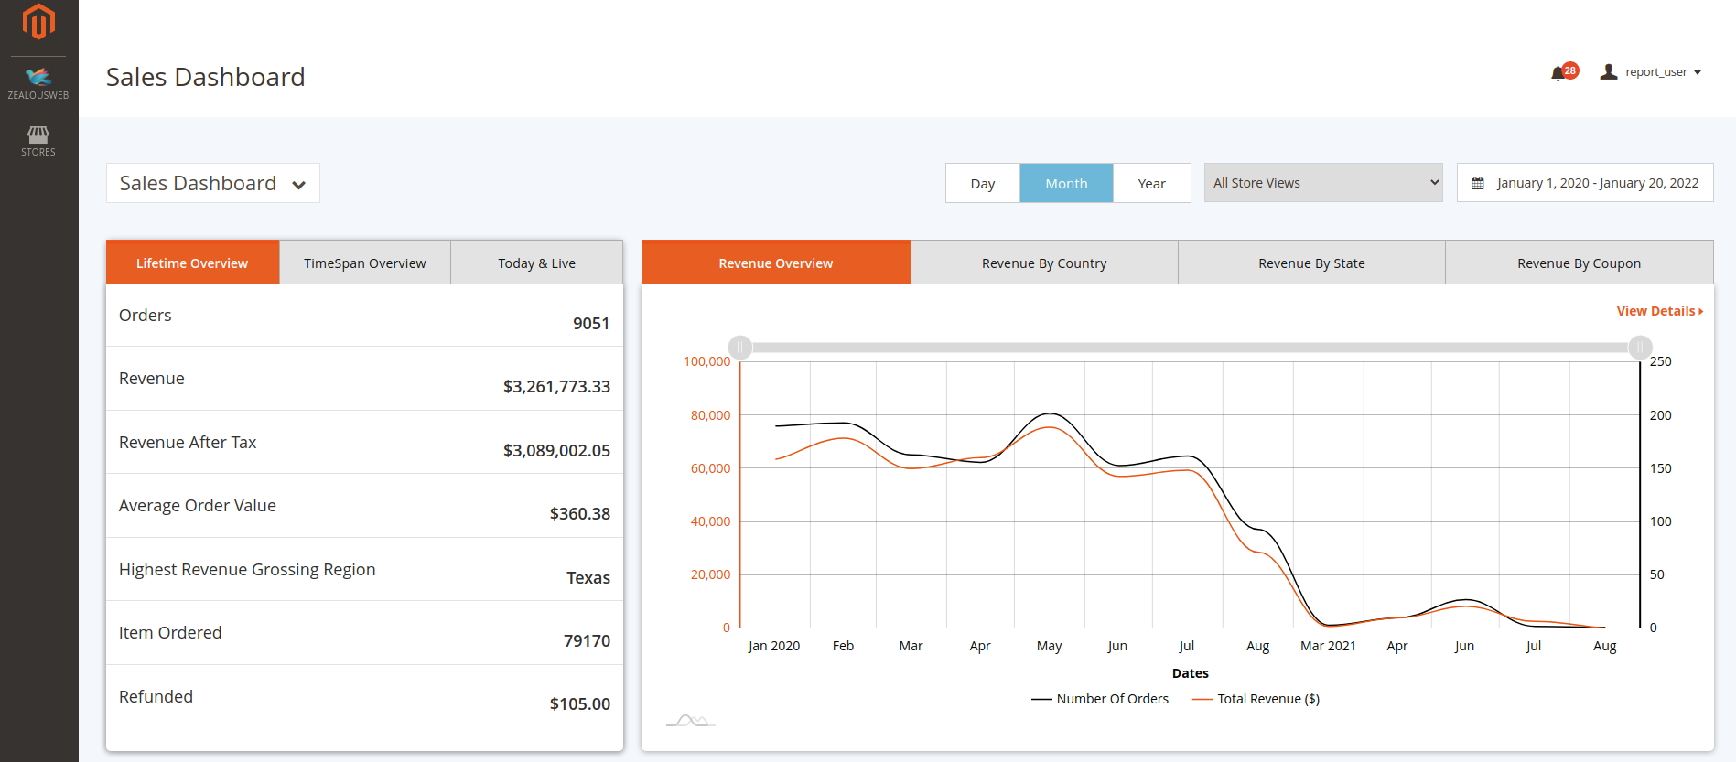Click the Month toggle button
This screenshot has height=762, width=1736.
[1066, 183]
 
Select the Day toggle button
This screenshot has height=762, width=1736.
[982, 183]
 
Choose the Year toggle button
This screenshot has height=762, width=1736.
[1151, 183]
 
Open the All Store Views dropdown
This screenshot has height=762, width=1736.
[1323, 183]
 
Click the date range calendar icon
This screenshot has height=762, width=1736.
[1477, 183]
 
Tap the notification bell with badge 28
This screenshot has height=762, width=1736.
[1558, 73]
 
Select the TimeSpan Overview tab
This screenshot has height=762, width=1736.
[364, 263]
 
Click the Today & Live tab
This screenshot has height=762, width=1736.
[536, 263]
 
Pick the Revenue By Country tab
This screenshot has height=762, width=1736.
[1044, 263]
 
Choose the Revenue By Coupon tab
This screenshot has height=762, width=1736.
[1579, 263]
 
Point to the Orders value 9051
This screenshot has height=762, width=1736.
[590, 323]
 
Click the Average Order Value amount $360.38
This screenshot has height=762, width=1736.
[579, 513]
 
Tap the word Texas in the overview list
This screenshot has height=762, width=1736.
[588, 577]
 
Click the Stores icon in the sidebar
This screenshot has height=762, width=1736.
[38, 140]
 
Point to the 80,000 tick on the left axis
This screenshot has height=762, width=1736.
[710, 415]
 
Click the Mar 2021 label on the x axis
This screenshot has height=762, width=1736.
[1328, 646]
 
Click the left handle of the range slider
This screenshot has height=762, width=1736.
[739, 348]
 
